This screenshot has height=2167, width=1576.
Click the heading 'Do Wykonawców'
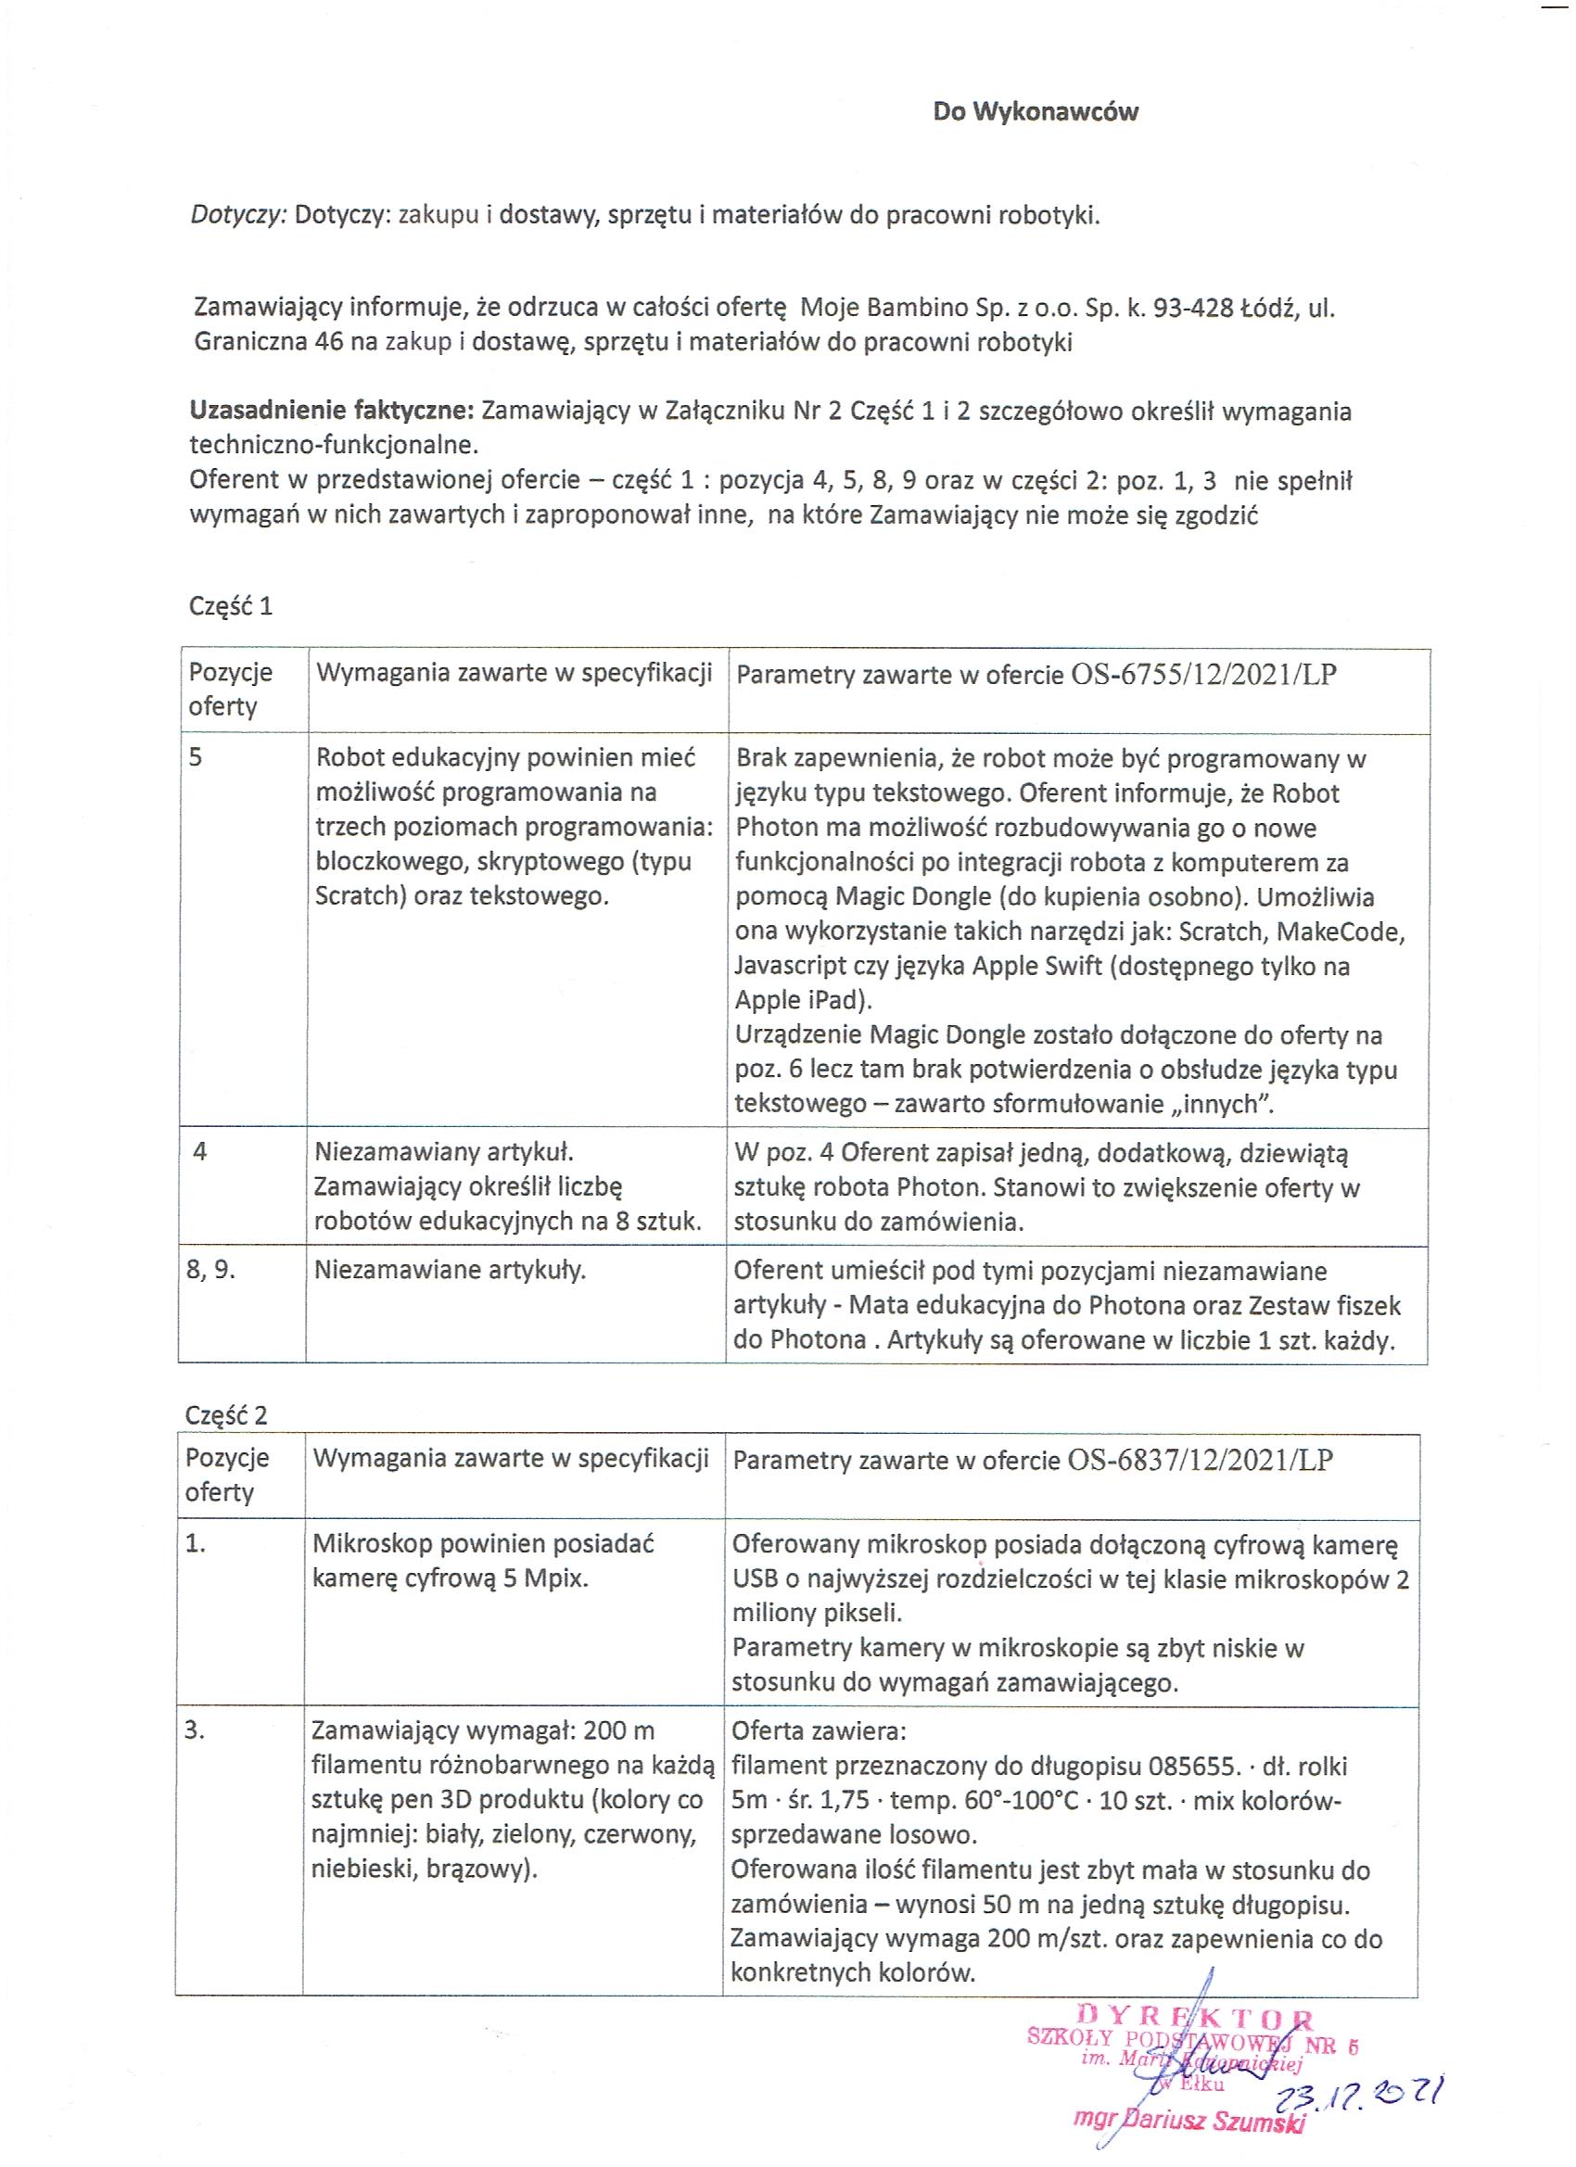click(x=1035, y=112)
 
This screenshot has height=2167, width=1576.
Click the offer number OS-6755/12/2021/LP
click(x=1203, y=675)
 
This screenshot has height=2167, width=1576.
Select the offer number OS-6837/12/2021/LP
click(x=1201, y=1460)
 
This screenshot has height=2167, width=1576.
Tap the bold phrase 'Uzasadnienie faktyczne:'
click(x=332, y=411)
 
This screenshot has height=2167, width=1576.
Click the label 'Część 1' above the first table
click(x=231, y=606)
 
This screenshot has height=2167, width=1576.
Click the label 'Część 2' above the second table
click(x=226, y=1416)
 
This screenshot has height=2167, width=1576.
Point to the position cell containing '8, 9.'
click(x=212, y=1271)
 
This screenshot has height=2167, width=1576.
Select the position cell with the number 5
click(x=196, y=757)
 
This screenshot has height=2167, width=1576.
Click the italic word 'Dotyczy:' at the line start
click(x=239, y=215)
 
